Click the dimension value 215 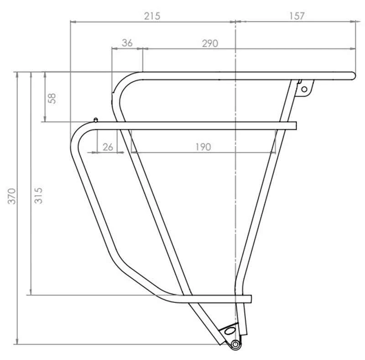pos(152,16)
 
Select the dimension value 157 pos(297,16)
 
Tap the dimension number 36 pos(127,43)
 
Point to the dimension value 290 pos(210,43)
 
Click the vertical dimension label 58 pos(52,98)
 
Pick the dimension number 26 pos(108,147)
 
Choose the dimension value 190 pos(203,147)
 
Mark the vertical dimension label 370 pos(12,196)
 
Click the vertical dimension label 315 pos(38,196)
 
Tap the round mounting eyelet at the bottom pos(235,344)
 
